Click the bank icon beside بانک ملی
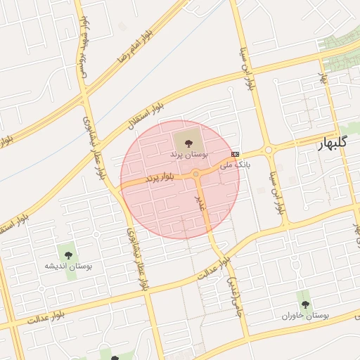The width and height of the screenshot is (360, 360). tap(235, 154)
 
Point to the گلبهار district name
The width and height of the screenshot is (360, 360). tap(333, 143)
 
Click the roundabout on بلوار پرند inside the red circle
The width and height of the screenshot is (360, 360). tap(196, 174)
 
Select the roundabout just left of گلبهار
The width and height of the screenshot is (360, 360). tap(268, 150)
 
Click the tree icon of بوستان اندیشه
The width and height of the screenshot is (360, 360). tap(68, 255)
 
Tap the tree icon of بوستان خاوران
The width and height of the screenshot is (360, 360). tap(305, 304)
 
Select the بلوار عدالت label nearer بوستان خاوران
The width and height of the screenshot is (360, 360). tap(214, 269)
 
